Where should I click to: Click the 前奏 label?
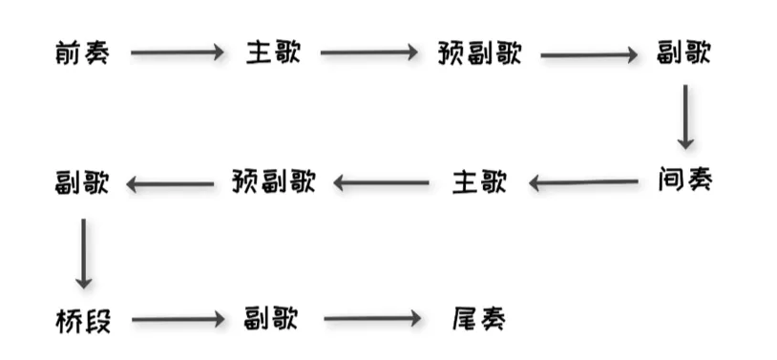pyautogui.click(x=82, y=53)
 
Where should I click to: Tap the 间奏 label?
pyautogui.click(x=684, y=180)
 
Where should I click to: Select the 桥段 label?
pyautogui.click(x=83, y=321)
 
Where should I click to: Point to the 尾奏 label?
pyautogui.click(x=477, y=320)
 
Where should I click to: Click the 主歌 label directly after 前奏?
pyautogui.click(x=273, y=53)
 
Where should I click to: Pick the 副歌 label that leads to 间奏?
pyautogui.click(x=684, y=53)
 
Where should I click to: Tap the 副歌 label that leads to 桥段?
pyautogui.click(x=82, y=181)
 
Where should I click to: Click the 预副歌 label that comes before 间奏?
pyautogui.click(x=479, y=53)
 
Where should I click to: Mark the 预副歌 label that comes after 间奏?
pyautogui.click(x=273, y=181)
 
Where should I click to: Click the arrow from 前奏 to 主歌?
pyautogui.click(x=178, y=54)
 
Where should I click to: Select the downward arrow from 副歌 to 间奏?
pyautogui.click(x=685, y=116)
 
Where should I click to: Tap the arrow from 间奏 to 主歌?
pyautogui.click(x=583, y=181)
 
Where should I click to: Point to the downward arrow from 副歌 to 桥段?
pyautogui.click(x=84, y=253)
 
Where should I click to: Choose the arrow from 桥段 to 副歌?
pyautogui.click(x=178, y=320)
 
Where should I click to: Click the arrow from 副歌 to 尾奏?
pyautogui.click(x=372, y=320)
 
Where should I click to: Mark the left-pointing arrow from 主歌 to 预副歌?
pyautogui.click(x=381, y=182)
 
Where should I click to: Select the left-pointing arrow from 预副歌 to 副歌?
pyautogui.click(x=170, y=182)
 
